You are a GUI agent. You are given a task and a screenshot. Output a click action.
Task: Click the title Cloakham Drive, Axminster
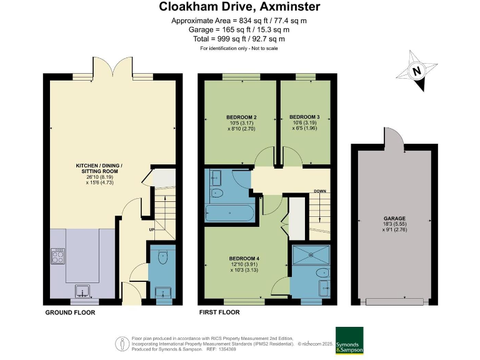[x=239, y=7]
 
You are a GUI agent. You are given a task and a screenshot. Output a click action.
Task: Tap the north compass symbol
[x=418, y=72]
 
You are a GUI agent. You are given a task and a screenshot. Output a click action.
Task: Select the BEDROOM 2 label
[x=241, y=117]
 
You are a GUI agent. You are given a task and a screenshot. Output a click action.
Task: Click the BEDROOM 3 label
[x=304, y=117]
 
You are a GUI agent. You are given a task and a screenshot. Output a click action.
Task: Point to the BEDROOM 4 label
[x=244, y=259]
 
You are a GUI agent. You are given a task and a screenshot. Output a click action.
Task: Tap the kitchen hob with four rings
[x=58, y=256]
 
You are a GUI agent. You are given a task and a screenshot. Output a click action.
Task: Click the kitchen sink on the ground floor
[x=82, y=290]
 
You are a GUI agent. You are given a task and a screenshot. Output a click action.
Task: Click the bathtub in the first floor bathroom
[x=229, y=214]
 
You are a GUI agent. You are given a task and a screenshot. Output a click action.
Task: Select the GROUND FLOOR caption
[x=70, y=312]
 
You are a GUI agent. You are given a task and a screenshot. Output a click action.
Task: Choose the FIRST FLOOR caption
[x=219, y=312]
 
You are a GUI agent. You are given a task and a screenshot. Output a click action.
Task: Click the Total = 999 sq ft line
[x=239, y=38]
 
